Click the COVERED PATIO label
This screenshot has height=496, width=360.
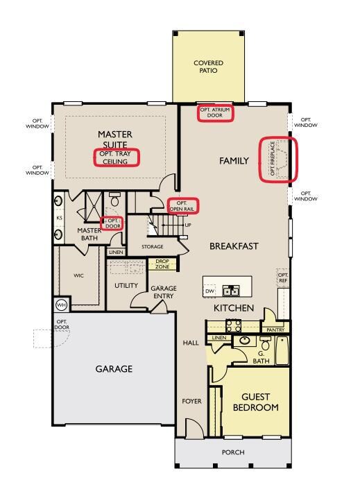coord(209,67)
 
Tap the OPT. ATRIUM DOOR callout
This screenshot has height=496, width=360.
coord(215,112)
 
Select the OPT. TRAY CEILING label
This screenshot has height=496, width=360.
coord(115,157)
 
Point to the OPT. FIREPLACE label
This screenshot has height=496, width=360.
coord(273,158)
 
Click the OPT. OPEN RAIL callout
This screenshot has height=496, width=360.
coord(182,206)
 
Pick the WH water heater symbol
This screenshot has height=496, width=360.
coord(61,305)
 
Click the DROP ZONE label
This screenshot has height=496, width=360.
coord(162,264)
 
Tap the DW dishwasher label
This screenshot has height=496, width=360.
coord(209,291)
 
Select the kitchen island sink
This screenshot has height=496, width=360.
coord(230,290)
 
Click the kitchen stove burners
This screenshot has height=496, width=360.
coord(234,326)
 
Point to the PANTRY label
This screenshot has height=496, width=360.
coord(275,330)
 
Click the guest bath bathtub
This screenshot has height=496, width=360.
coord(282,350)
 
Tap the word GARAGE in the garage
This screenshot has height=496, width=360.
coord(114,369)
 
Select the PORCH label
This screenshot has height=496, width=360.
coord(233,452)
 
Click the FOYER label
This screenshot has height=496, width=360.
coord(191,401)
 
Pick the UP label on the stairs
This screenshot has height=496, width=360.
coord(188,225)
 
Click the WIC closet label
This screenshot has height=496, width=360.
coord(79,275)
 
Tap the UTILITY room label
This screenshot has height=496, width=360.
coord(126,285)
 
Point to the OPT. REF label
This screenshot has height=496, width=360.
coord(283,277)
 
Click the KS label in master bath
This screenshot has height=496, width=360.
coord(59,218)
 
